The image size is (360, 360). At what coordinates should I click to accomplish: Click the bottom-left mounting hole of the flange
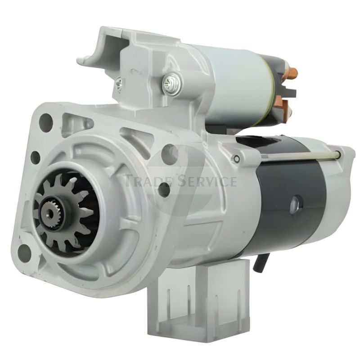click(24, 253)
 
